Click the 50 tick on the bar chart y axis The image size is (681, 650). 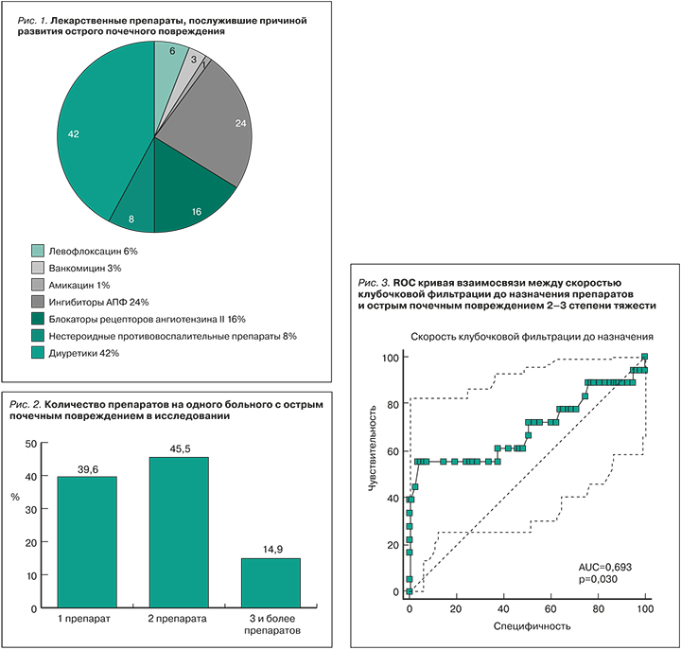pos(31,444)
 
